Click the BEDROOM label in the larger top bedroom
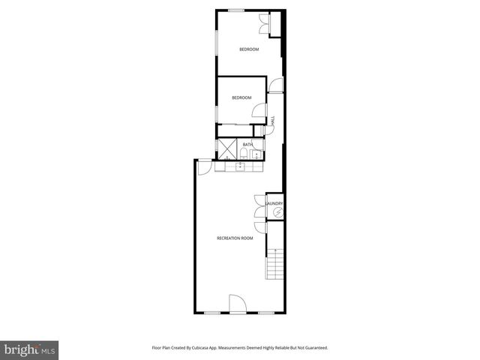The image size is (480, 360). click(x=249, y=49)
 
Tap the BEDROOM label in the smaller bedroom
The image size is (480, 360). click(x=241, y=97)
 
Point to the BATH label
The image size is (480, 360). click(x=247, y=144)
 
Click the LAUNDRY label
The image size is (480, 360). click(x=274, y=203)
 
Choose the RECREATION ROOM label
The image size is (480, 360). click(x=235, y=238)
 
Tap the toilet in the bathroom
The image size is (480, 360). click(x=244, y=154)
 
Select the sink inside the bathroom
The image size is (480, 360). click(x=256, y=155)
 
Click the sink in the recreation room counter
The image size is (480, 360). click(x=240, y=166)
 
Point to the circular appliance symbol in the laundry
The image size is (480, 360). click(x=277, y=214)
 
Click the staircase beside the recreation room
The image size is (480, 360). click(x=276, y=263)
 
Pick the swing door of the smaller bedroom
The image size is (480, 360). click(x=259, y=112)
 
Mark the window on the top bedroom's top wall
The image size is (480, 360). click(x=236, y=10)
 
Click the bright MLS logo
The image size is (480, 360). click(x=30, y=349)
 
